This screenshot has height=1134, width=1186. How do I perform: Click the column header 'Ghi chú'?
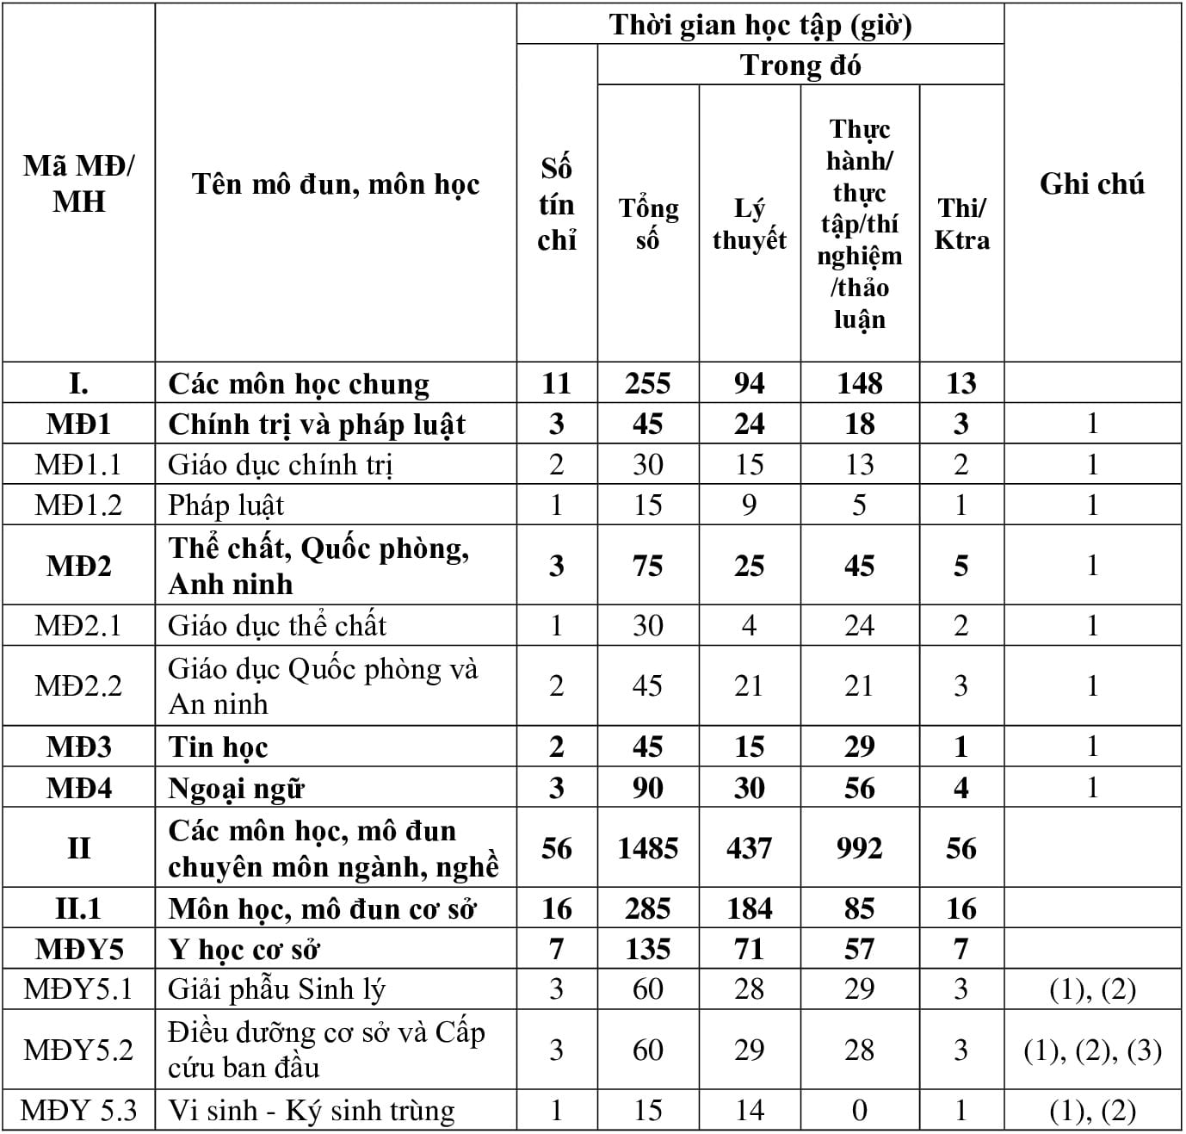click(1092, 184)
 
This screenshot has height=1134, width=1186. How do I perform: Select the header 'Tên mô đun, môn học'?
click(336, 184)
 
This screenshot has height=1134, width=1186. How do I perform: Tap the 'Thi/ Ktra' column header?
click(961, 223)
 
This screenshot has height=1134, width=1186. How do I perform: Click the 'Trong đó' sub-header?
click(800, 65)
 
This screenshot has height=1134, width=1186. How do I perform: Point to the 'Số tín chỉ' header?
click(557, 204)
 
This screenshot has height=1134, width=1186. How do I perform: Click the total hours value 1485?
click(648, 848)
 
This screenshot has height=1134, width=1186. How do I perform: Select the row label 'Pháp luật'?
click(226, 505)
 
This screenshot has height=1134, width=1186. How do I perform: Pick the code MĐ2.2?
click(78, 685)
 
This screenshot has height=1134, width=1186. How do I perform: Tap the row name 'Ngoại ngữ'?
click(237, 788)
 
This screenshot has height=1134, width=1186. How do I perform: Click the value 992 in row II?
click(859, 848)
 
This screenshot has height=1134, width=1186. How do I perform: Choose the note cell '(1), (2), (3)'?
click(1092, 1050)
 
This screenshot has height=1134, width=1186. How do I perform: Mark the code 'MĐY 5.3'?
click(78, 1111)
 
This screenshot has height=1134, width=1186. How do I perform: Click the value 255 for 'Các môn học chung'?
click(648, 383)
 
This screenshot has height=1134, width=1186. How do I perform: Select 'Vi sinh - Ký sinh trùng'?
click(312, 1111)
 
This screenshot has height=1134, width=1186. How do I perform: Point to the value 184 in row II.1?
click(749, 908)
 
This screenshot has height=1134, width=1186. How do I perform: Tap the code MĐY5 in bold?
click(78, 949)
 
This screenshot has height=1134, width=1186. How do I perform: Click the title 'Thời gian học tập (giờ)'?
click(760, 25)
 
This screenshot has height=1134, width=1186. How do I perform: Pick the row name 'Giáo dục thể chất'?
click(277, 625)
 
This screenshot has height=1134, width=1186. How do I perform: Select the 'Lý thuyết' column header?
click(749, 223)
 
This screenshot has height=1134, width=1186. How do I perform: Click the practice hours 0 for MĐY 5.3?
click(859, 1111)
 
